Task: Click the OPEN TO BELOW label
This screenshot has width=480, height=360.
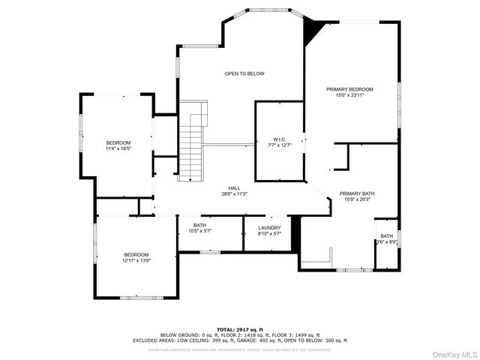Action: pos(244,73)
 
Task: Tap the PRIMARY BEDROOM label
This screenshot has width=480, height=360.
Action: pos(349,89)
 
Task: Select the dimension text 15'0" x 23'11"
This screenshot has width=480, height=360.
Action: pos(349,95)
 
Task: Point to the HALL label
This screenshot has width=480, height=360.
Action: pos(234,188)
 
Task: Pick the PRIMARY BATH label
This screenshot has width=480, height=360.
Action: pos(357,193)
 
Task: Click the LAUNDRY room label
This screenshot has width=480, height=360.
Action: pos(269,227)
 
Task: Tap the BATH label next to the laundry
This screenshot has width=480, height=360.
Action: pos(199,225)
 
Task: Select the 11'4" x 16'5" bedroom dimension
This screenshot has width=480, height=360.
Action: pos(118,148)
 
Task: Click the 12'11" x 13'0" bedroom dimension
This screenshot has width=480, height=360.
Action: pos(136,260)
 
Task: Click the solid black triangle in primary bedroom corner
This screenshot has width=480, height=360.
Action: pos(313,30)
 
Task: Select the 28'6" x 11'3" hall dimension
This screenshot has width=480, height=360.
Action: pos(234,194)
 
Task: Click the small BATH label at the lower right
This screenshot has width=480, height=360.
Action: pos(386,236)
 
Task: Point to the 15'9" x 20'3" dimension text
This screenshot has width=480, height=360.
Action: pos(357,199)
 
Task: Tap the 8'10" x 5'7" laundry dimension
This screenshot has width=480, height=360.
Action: pos(269,233)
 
